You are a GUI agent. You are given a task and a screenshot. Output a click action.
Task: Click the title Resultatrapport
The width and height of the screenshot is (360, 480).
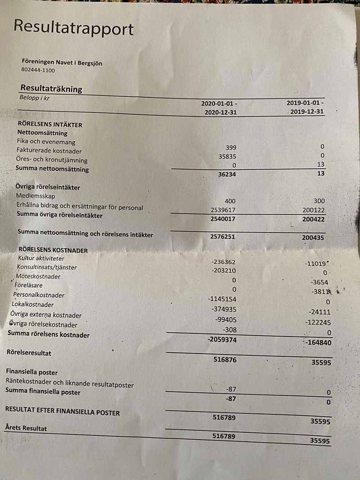(x=73, y=28)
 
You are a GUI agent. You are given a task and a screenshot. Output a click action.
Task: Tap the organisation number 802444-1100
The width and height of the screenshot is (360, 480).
(x=38, y=71)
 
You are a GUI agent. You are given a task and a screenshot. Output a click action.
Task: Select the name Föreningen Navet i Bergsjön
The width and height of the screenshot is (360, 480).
(x=62, y=63)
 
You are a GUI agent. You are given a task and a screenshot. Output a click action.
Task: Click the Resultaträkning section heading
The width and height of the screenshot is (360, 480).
(x=51, y=89)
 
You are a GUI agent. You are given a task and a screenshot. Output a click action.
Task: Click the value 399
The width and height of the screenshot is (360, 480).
(x=230, y=148)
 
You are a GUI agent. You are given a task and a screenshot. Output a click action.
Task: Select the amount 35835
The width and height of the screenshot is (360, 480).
(x=227, y=157)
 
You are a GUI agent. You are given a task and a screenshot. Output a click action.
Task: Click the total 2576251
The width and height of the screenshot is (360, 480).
(x=222, y=236)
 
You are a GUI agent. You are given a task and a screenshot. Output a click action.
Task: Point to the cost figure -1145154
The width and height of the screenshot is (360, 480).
(x=222, y=299)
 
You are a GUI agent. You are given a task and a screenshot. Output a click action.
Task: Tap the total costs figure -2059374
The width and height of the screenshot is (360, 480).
(x=222, y=340)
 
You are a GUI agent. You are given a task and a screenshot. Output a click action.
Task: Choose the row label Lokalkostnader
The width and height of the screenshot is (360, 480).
(x=33, y=305)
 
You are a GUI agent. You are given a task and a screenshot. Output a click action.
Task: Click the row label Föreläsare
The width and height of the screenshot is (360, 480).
(x=29, y=285)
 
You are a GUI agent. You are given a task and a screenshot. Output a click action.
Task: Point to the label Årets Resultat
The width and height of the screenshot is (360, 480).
(x=26, y=428)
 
